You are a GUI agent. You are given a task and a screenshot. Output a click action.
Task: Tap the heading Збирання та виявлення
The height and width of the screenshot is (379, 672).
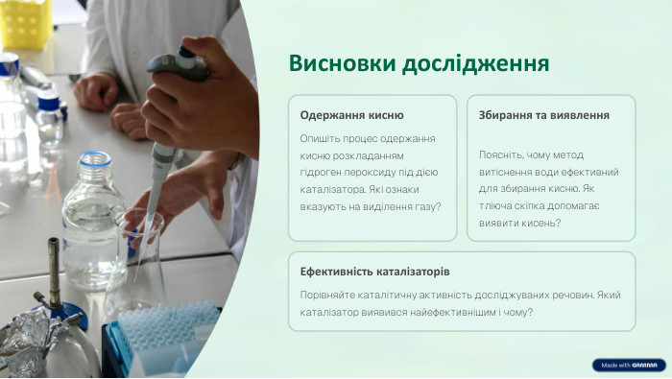coord(543,115)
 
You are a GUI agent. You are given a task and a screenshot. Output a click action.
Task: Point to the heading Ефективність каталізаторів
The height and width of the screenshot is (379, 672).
coord(374,272)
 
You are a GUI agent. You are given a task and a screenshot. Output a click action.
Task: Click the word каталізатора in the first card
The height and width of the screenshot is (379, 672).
coord(332,189)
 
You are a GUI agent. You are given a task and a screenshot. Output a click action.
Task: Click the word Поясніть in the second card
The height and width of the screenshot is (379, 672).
coord(502,154)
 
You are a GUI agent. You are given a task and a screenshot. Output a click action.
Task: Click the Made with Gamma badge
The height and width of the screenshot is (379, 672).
coord(628,366)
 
